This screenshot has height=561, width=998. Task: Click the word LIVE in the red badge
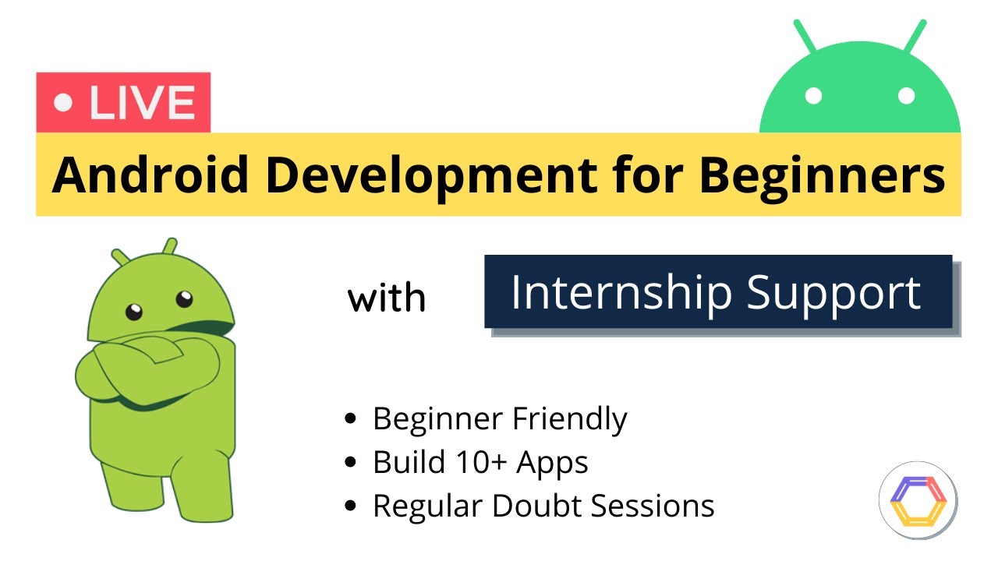click(x=141, y=103)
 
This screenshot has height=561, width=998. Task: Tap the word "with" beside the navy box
click(x=387, y=298)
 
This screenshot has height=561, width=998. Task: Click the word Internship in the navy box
click(x=621, y=292)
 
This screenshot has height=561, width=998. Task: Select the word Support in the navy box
click(x=834, y=292)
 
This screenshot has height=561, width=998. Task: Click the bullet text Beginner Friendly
click(x=499, y=419)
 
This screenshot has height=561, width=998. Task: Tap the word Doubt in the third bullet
click(x=537, y=506)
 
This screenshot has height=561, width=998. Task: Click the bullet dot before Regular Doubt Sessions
click(x=351, y=506)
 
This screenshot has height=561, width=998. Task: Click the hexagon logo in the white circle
click(x=918, y=499)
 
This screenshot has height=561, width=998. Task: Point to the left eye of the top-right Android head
click(x=814, y=96)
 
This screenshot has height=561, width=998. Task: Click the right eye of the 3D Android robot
click(x=184, y=298)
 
